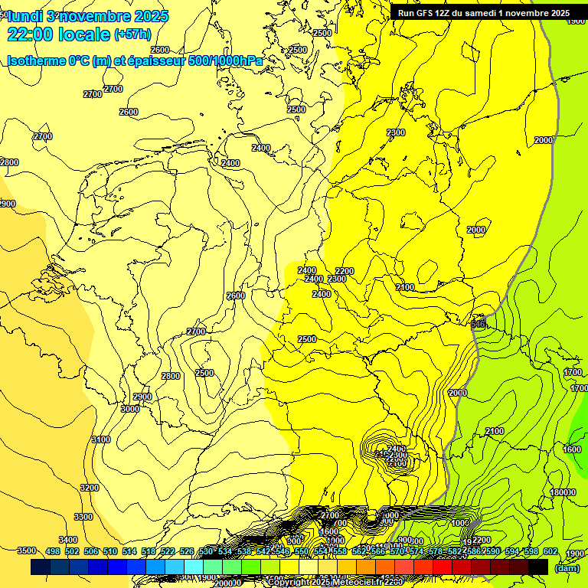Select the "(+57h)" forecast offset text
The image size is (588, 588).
132,34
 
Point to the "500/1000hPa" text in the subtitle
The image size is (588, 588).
227,60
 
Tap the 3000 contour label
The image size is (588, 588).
130,409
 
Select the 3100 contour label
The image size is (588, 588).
100,439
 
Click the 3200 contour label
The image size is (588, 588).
90,488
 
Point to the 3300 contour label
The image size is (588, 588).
83,517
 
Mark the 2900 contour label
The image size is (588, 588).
142,397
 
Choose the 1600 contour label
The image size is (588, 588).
572,449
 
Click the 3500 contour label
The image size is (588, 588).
27,550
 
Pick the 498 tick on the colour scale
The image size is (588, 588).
53,551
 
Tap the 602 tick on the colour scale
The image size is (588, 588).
550,551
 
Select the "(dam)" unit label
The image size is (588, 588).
567,567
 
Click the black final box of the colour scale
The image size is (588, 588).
538,567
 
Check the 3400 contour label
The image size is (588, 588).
67,540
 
